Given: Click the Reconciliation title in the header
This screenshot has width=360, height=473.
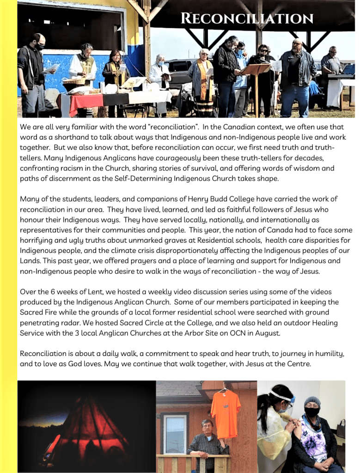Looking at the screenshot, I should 247,18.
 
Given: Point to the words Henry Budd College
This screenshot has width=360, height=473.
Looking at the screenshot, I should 220,199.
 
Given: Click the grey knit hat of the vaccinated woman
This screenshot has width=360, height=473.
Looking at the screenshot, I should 312,401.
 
